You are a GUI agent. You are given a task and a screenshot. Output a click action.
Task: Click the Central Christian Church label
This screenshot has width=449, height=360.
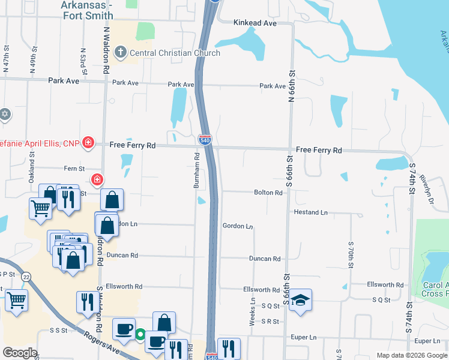175,53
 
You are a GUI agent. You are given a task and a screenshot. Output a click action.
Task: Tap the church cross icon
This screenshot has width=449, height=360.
120,53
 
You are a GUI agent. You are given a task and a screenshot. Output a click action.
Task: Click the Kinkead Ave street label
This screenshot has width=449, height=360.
255,23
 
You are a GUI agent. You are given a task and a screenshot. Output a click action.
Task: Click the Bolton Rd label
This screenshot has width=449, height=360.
268,193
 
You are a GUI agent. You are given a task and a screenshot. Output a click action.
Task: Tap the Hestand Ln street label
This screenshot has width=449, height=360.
310,212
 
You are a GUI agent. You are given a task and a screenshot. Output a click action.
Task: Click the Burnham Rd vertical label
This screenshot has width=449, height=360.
196,170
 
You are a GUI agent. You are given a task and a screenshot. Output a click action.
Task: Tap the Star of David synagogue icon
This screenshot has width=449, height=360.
5,114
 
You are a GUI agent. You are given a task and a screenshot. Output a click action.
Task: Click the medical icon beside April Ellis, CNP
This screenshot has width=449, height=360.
88,142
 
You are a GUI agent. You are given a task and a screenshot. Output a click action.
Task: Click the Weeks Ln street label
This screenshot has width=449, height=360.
253,313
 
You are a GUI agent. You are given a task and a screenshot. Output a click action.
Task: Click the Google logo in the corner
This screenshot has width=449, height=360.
20,353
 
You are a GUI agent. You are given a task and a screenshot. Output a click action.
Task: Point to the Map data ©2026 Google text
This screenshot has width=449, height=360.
411,355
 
